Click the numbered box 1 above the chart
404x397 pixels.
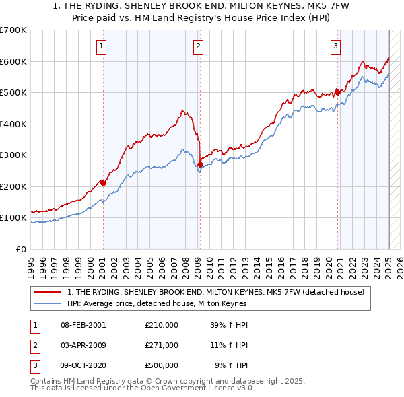coord(100,46)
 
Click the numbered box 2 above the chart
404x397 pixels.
coord(199,46)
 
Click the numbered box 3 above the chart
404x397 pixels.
coord(335,46)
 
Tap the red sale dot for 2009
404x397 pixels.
coord(200,164)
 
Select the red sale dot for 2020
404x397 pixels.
coord(338,93)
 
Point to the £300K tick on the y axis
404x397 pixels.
coord(13,155)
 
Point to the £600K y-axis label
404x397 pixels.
coord(13,62)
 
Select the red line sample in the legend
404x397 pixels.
coord(47,292)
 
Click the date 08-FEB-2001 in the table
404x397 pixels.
coord(83,325)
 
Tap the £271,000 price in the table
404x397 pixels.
coord(162,345)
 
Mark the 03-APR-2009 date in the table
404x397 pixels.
coord(83,345)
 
